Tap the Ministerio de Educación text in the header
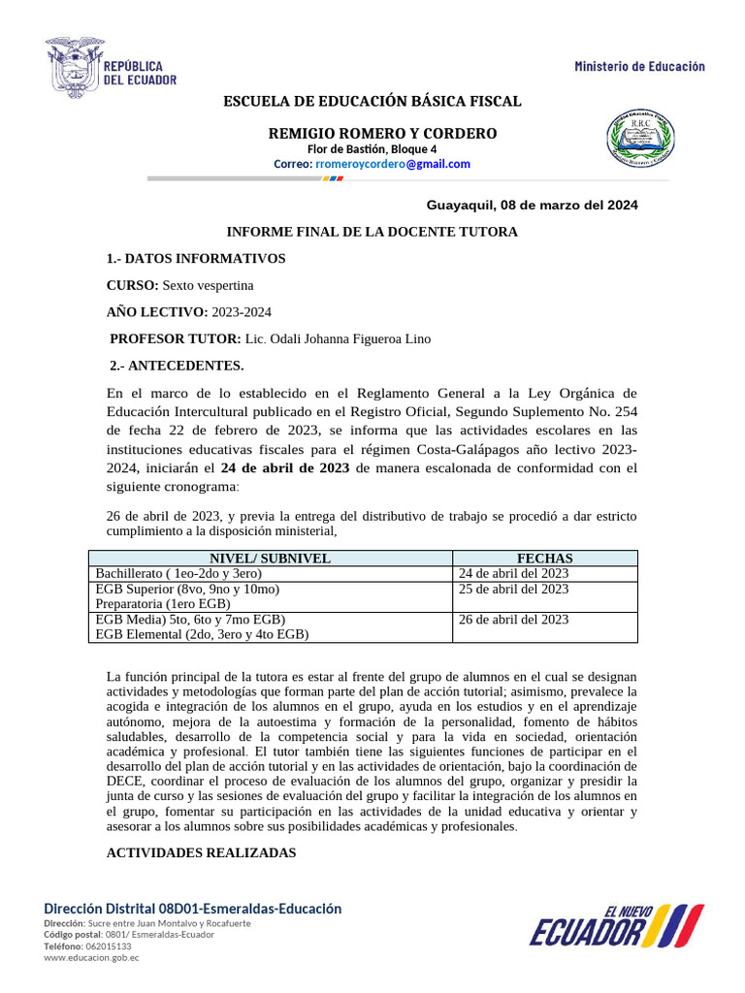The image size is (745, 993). click(x=639, y=66)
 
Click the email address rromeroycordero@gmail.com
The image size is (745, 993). click(x=393, y=164)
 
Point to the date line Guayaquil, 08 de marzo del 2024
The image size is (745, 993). click(x=533, y=206)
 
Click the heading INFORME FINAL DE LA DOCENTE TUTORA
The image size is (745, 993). click(x=372, y=232)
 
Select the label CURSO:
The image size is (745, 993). click(x=132, y=285)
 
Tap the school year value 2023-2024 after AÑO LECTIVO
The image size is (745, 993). click(x=242, y=311)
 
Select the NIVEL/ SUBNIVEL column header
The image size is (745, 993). click(x=271, y=559)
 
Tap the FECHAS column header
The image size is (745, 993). click(x=544, y=559)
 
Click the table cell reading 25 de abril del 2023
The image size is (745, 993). click(x=513, y=589)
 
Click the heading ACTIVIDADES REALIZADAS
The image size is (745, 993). click(x=200, y=852)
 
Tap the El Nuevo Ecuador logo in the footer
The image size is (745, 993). click(x=617, y=926)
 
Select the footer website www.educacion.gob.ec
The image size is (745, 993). click(x=91, y=957)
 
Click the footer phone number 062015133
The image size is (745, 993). click(x=105, y=945)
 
